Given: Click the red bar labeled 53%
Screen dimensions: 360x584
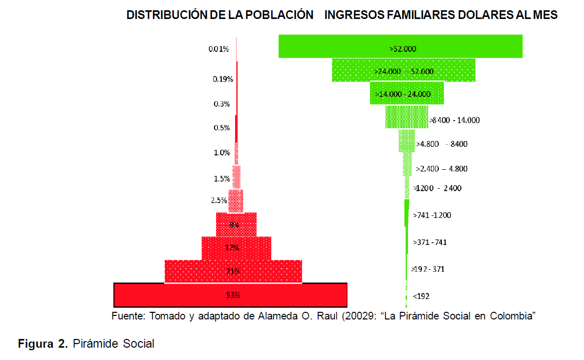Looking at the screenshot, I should pyautogui.click(x=230, y=295).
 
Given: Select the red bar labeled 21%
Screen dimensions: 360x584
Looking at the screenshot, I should pyautogui.click(x=233, y=271).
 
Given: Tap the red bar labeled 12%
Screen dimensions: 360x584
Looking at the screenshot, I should pyautogui.click(x=236, y=248).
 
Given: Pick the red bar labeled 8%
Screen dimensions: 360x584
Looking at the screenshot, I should pyautogui.click(x=236, y=225).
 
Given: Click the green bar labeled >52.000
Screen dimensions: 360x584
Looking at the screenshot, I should pyautogui.click(x=400, y=46).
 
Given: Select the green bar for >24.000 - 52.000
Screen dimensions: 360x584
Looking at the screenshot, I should pyautogui.click(x=403, y=70).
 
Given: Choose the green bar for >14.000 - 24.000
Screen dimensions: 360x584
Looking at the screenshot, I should pyautogui.click(x=407, y=93).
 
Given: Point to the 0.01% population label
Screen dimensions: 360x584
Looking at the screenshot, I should pyautogui.click(x=218, y=49).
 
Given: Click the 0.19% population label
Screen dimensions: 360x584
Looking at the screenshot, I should pyautogui.click(x=223, y=79).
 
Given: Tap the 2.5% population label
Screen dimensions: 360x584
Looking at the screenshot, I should pyautogui.click(x=219, y=201).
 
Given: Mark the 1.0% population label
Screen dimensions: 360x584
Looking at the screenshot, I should pyautogui.click(x=222, y=152).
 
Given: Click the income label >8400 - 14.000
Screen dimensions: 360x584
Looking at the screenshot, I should pyautogui.click(x=454, y=120).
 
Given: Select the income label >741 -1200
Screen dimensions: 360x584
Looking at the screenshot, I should pyautogui.click(x=432, y=215).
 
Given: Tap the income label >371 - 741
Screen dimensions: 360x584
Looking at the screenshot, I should pyautogui.click(x=430, y=242).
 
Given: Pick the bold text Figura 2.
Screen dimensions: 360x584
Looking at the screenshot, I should pyautogui.click(x=43, y=344).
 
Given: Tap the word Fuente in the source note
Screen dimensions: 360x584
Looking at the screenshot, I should pyautogui.click(x=128, y=316).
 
